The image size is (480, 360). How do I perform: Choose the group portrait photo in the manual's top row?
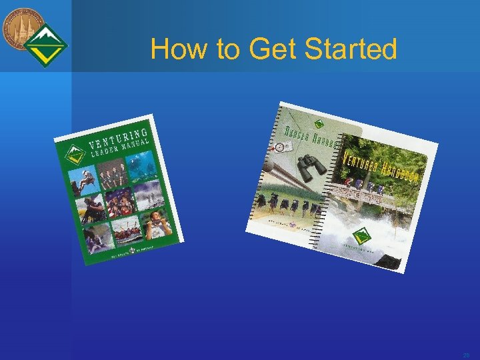pyautogui.click(x=111, y=173)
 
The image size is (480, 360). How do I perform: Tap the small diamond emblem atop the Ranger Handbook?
pyautogui.click(x=319, y=125)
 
